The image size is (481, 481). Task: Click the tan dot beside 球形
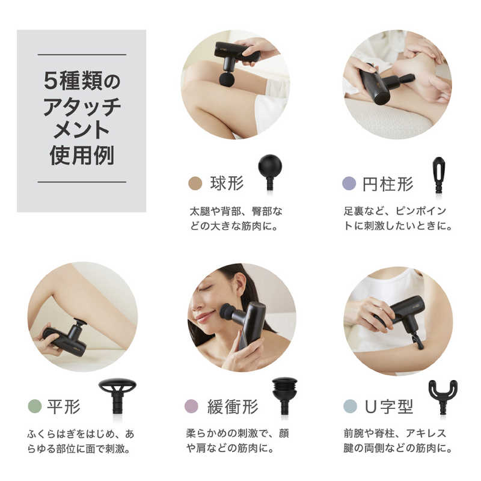[x=195, y=183]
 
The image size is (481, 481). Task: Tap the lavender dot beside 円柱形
[x=349, y=183]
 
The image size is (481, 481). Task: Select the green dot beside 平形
[x=35, y=406]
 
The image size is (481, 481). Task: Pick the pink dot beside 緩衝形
[x=191, y=406]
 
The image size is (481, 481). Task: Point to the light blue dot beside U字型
[x=350, y=406]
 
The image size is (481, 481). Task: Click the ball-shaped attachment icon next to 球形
[x=269, y=172]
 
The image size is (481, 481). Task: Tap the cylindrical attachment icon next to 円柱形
[x=439, y=174]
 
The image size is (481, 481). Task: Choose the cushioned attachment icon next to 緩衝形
[x=284, y=396]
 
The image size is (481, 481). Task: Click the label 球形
[x=227, y=183]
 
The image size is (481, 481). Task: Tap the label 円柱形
[x=388, y=184]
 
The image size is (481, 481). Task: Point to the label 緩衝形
[x=233, y=407]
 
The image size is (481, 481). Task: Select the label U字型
[x=388, y=407]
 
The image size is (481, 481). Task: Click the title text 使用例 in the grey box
[x=82, y=156]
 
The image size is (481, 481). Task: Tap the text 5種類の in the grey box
[x=82, y=81]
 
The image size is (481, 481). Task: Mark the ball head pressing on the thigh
[x=227, y=79]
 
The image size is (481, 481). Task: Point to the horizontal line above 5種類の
[x=82, y=55]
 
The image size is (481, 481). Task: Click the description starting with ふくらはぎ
[x=81, y=441]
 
